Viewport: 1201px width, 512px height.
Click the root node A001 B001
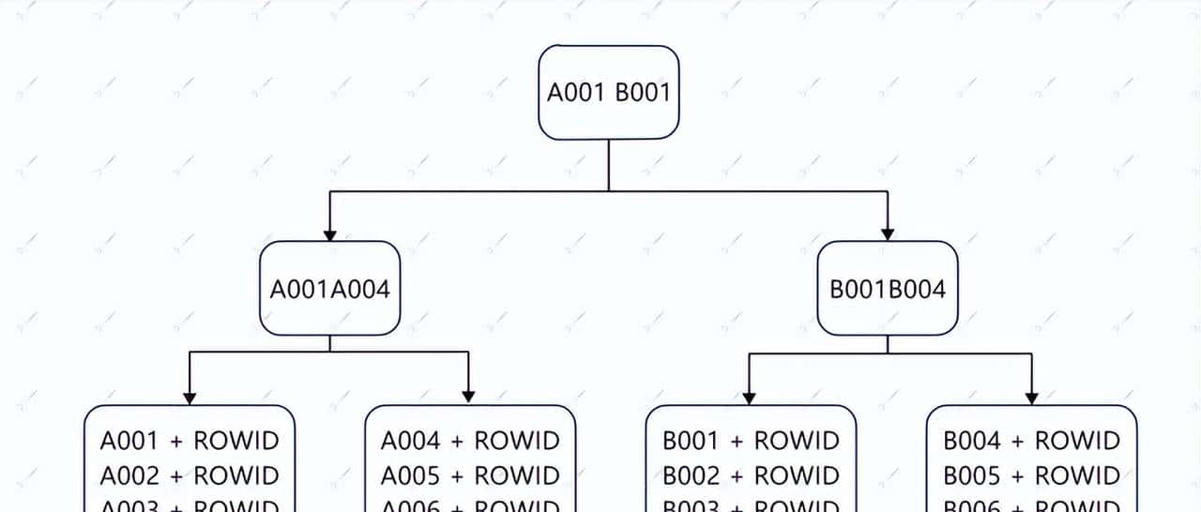pyautogui.click(x=608, y=93)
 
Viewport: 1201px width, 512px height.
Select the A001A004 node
pyautogui.click(x=329, y=289)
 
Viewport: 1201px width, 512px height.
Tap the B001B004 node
pyautogui.click(x=888, y=289)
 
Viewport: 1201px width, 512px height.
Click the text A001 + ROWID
pyautogui.click(x=190, y=441)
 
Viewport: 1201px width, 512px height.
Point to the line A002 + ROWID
pyautogui.click(x=190, y=475)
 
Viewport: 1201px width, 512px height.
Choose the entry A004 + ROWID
pyautogui.click(x=469, y=441)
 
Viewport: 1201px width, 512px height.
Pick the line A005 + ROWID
pyautogui.click(x=469, y=475)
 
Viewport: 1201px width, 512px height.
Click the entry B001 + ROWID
pyautogui.click(x=751, y=441)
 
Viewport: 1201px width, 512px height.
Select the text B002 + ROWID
pyautogui.click(x=751, y=475)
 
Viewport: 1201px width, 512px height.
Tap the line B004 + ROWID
pyautogui.click(x=1031, y=441)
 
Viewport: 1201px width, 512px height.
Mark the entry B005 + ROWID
pyautogui.click(x=1031, y=475)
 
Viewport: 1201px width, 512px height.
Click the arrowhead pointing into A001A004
pyautogui.click(x=329, y=234)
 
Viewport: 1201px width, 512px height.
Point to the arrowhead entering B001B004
pyautogui.click(x=888, y=234)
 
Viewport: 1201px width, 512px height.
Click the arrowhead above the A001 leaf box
pyautogui.click(x=190, y=398)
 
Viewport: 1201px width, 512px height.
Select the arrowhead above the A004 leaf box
pyautogui.click(x=469, y=398)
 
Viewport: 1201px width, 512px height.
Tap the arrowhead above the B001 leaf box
pyautogui.click(x=749, y=398)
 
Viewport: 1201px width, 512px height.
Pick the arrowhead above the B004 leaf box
pyautogui.click(x=1031, y=398)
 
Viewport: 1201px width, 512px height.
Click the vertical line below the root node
pyautogui.click(x=608, y=165)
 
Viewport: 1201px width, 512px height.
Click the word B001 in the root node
pyautogui.click(x=643, y=93)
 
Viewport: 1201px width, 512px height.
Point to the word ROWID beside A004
pyautogui.click(x=516, y=441)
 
